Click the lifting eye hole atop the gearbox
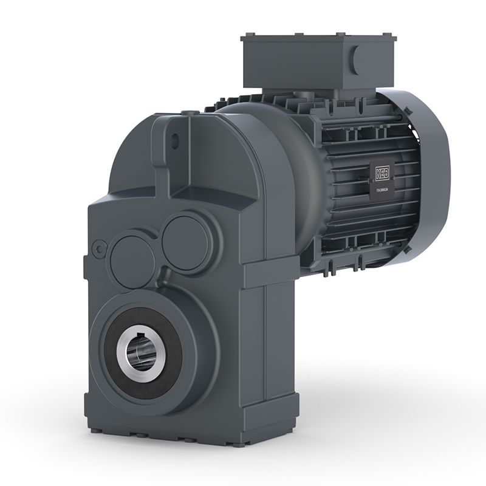tap(176, 139)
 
